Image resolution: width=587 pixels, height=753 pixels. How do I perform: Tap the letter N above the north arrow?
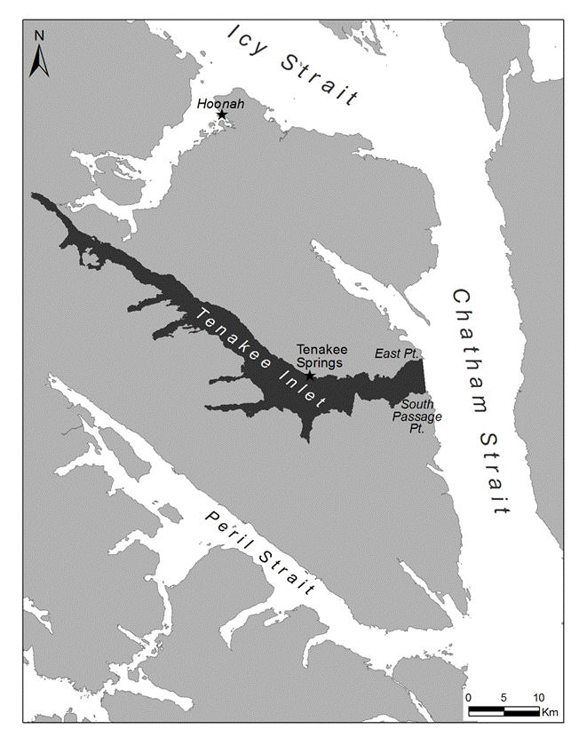(39, 36)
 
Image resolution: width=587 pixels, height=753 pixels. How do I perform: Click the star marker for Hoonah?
(222, 115)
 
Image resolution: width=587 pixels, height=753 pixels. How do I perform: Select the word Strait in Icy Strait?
(320, 78)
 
